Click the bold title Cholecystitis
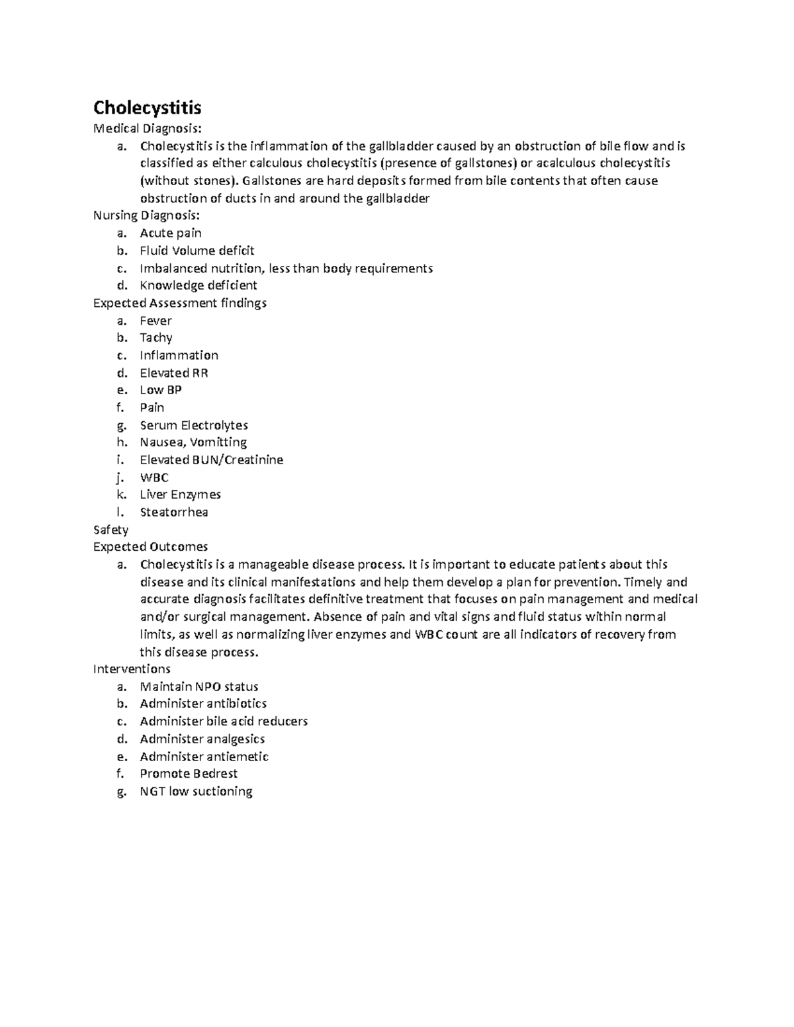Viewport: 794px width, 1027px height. click(x=147, y=107)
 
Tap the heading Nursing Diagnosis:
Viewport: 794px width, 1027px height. click(x=146, y=215)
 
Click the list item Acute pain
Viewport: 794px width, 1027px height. click(x=171, y=233)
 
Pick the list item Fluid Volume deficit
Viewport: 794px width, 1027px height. click(x=197, y=251)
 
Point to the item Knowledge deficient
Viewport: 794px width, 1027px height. click(x=198, y=285)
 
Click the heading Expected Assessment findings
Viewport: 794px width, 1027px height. click(x=179, y=303)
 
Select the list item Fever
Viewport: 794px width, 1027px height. click(x=155, y=321)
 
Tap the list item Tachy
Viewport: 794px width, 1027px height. click(x=155, y=338)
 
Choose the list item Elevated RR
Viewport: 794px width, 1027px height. click(x=173, y=373)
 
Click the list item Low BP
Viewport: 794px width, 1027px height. click(x=160, y=390)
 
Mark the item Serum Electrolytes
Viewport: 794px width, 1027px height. click(x=193, y=425)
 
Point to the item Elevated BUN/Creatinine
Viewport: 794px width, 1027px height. click(x=211, y=460)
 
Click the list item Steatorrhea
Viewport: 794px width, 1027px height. click(x=173, y=512)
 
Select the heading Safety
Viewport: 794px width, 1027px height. click(x=110, y=530)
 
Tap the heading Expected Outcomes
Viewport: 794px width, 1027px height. click(x=150, y=547)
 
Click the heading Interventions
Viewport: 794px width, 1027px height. click(x=132, y=669)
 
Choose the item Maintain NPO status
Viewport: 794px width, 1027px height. click(x=198, y=686)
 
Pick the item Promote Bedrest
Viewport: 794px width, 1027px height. click(x=188, y=774)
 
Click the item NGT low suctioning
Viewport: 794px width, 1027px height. click(x=196, y=792)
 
